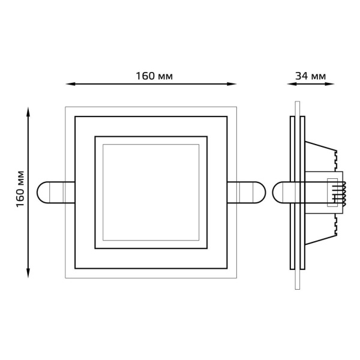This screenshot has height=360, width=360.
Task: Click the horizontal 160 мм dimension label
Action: pos(154,76)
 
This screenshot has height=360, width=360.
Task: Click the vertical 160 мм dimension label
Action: pos(20,190)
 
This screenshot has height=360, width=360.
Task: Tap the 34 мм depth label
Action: pos(310,76)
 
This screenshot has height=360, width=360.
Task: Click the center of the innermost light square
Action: pos(151,192)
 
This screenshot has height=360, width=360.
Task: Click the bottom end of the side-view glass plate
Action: pos(296,289)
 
